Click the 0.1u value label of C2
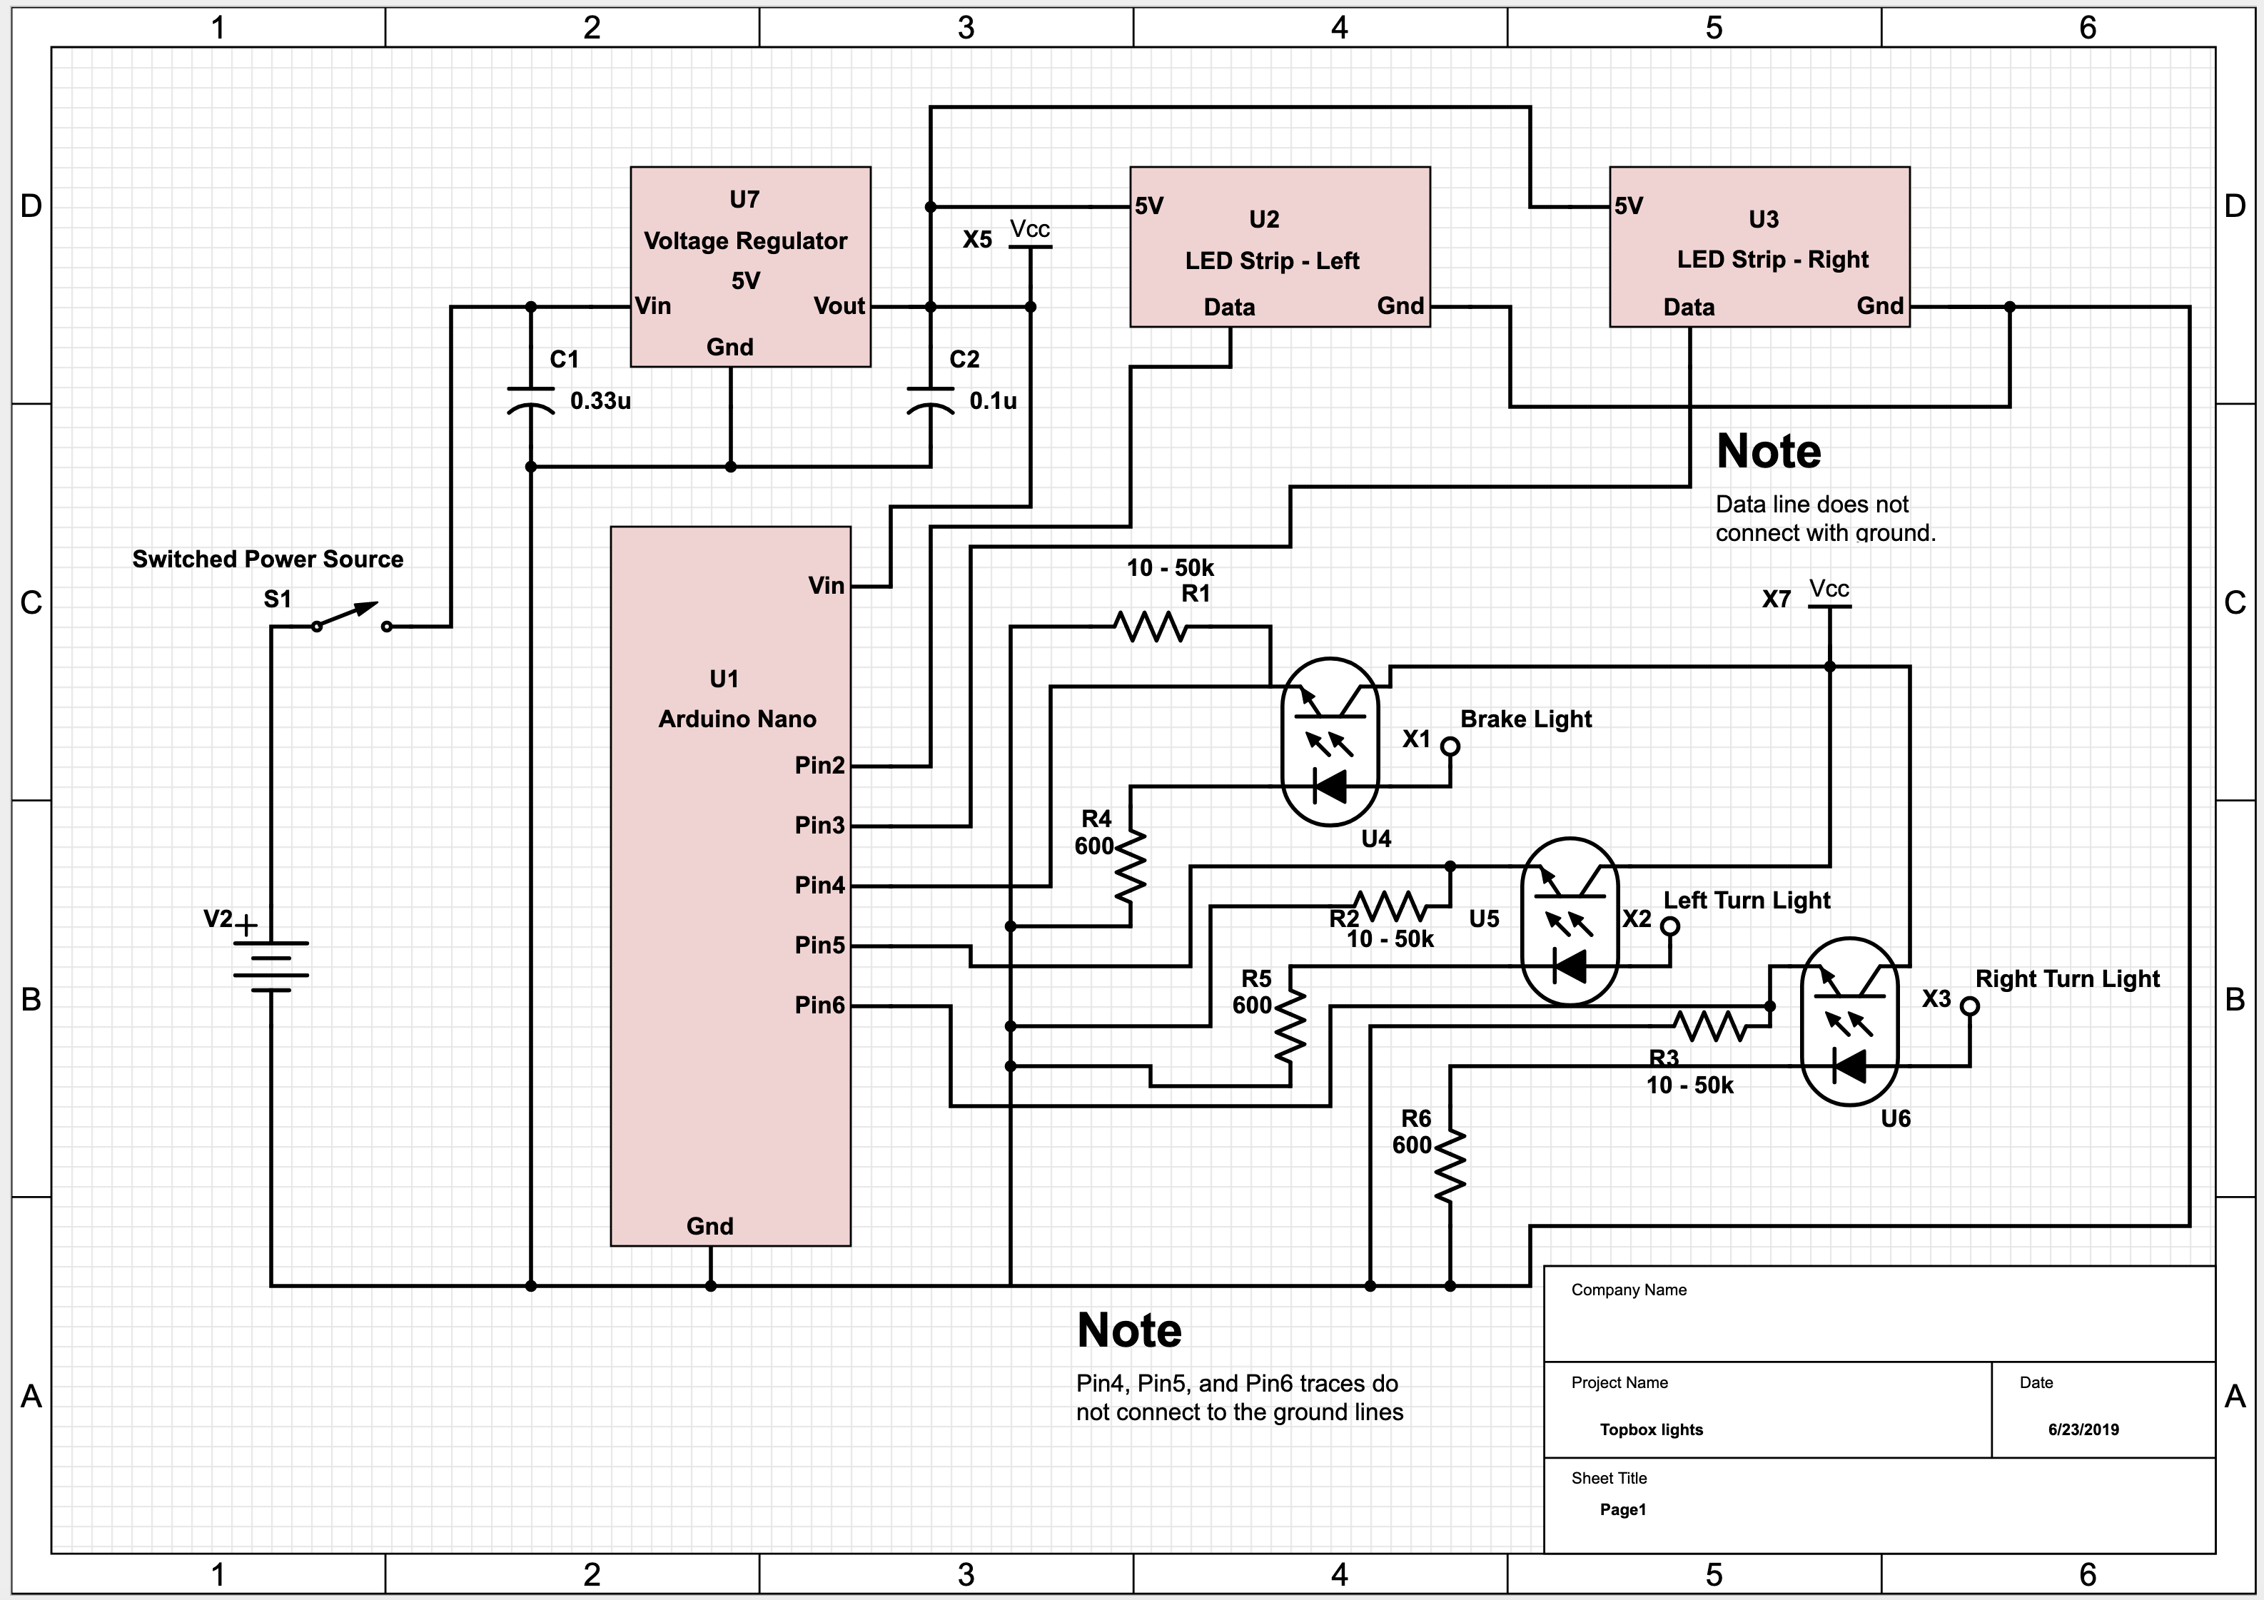992,401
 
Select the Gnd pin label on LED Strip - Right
1879,307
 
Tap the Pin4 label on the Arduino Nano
819,885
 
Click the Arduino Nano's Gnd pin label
710,1226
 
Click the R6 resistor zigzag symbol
1450,1166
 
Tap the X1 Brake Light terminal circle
1450,746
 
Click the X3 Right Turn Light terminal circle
1969,1006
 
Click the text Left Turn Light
1747,900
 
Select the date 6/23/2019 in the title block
2083,1429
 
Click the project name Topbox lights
1651,1429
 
